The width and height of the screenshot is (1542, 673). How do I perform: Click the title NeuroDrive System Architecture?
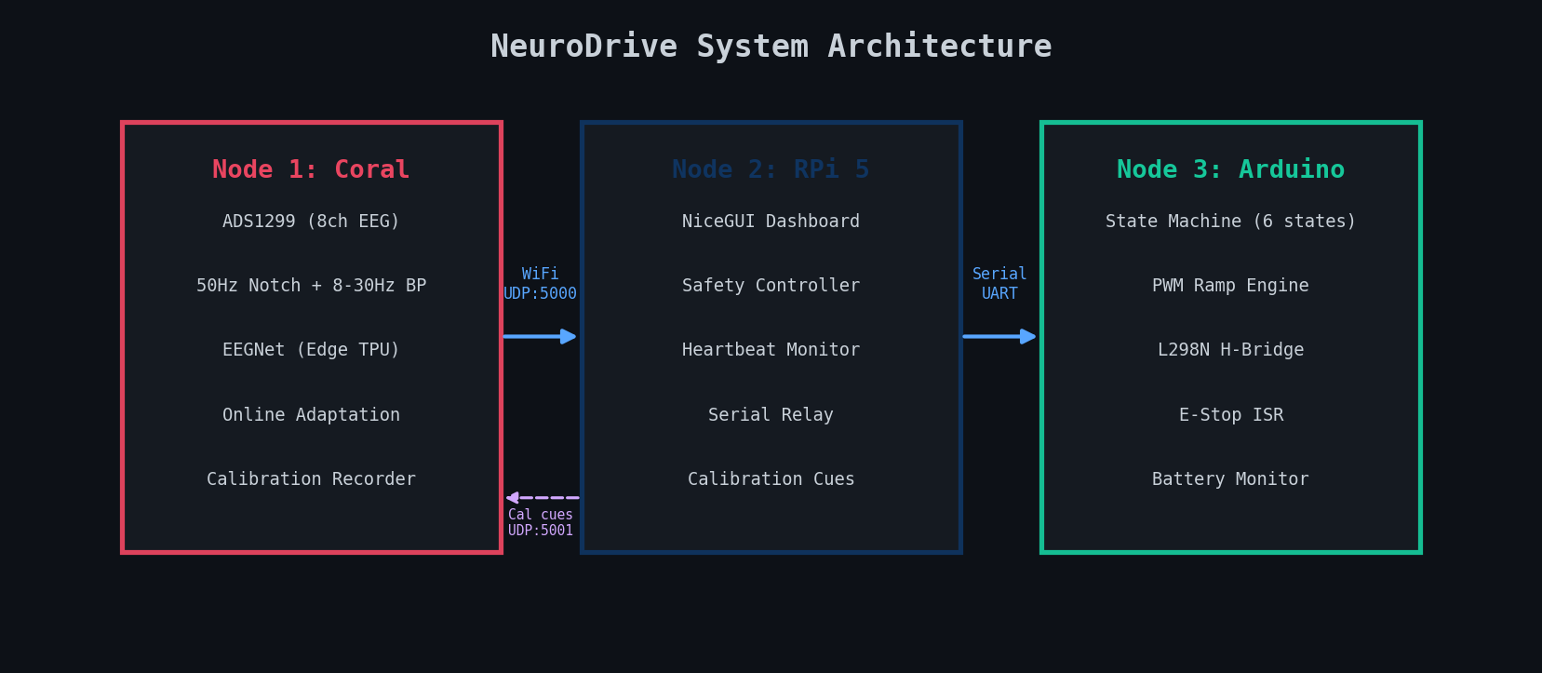(771, 47)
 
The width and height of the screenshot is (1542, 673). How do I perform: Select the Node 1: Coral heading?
(311, 169)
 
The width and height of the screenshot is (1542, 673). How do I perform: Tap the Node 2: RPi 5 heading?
(771, 169)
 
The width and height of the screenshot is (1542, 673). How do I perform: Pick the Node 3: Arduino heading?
(1230, 169)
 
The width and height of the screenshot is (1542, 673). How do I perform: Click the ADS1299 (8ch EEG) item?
(311, 222)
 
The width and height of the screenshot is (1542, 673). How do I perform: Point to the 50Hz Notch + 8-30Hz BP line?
(311, 286)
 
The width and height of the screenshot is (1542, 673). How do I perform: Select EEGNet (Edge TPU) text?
(311, 350)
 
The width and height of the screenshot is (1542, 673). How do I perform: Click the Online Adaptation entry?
(311, 415)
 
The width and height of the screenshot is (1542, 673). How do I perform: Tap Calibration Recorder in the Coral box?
(311, 479)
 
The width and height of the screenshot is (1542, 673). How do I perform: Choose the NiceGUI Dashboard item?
(771, 222)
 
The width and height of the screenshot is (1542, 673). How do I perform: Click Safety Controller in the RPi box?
(771, 286)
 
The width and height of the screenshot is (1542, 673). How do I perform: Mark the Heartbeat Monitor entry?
(771, 350)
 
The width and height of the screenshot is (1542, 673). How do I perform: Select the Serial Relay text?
(771, 415)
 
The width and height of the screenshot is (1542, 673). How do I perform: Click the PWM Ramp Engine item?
(1230, 286)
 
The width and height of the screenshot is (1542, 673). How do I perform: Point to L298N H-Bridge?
(1230, 350)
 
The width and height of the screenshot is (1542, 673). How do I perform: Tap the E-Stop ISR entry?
(1230, 415)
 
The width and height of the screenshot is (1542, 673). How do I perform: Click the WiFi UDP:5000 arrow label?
(540, 284)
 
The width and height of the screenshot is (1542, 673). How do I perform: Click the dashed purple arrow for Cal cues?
(542, 498)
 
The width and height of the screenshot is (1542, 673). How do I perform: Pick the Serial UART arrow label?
(999, 284)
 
